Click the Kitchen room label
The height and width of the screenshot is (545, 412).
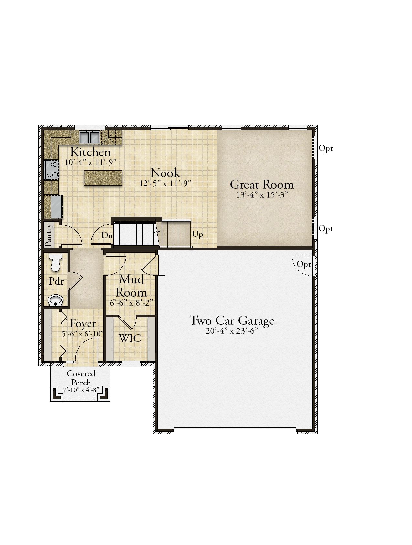(90, 152)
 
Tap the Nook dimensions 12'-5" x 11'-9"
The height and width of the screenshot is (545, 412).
(165, 183)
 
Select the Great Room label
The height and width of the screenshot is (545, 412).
(262, 184)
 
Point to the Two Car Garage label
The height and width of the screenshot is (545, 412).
(232, 320)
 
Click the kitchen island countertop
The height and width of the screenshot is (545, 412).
(103, 178)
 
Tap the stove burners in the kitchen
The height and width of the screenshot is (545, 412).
(52, 170)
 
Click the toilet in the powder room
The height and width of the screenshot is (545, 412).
(56, 262)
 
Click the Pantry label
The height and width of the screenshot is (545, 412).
(49, 235)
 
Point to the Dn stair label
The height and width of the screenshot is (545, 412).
(107, 236)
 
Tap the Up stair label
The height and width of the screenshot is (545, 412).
(198, 234)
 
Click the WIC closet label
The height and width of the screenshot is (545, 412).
(130, 338)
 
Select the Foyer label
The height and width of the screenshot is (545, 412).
(83, 324)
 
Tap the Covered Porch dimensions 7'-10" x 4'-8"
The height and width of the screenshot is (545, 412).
(81, 390)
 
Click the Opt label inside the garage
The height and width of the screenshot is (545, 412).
(304, 265)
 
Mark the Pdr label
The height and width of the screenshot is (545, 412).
(56, 281)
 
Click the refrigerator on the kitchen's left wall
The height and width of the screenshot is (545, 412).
(56, 206)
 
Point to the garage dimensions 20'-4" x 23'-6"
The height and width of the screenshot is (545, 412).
(232, 332)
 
